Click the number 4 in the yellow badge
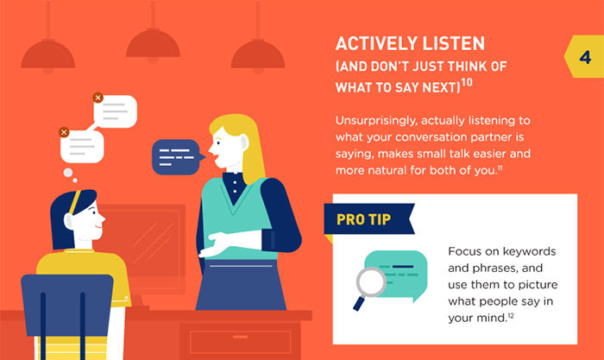pos(584,59)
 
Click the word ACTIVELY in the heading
pos(374,44)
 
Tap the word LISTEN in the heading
pos(452,44)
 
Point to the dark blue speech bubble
pos(175,156)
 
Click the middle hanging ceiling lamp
pos(152,47)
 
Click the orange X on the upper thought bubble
pos(98,98)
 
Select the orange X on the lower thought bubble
pos(64,132)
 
